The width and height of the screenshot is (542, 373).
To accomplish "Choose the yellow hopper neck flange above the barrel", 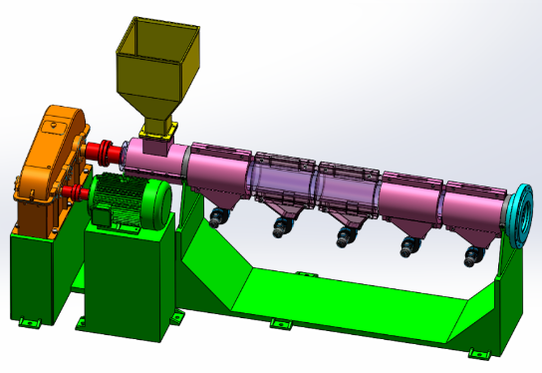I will tap(157, 129).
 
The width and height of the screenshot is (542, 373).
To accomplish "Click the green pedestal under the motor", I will tap(125, 274).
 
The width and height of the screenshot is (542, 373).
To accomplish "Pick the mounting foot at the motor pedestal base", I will tap(176, 318).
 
